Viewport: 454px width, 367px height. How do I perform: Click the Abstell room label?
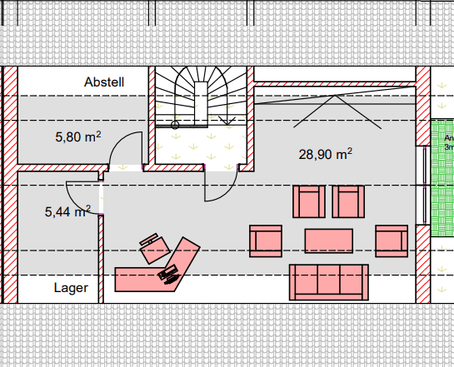(x=104, y=82)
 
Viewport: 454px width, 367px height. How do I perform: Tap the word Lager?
(x=71, y=288)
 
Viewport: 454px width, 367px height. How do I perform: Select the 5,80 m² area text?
(x=78, y=136)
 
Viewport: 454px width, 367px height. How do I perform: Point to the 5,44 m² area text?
(x=67, y=212)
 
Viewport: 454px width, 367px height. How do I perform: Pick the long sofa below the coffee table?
(x=329, y=281)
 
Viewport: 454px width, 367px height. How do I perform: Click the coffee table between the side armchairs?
(x=329, y=241)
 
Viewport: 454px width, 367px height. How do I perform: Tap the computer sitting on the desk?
(x=170, y=274)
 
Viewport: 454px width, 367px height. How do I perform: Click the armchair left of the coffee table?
(x=266, y=241)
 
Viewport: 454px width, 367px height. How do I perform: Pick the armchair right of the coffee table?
(x=391, y=241)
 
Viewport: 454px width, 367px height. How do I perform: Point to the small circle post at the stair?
(x=175, y=125)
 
